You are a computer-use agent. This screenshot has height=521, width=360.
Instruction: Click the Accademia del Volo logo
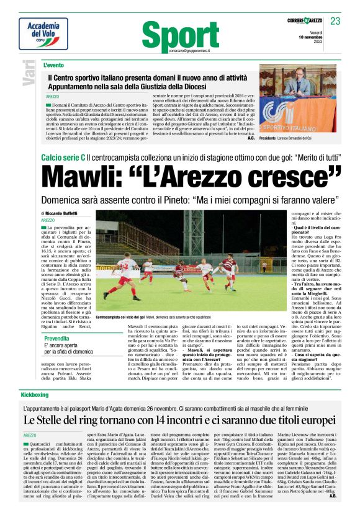click(43, 33)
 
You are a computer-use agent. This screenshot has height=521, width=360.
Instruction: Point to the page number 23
click(335, 21)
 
